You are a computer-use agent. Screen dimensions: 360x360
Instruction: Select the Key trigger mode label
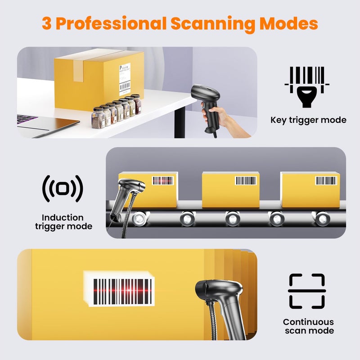pos(308,120)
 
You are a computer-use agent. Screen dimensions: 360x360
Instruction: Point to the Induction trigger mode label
pos(63,222)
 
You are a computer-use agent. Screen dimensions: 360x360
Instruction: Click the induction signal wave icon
pos(63,189)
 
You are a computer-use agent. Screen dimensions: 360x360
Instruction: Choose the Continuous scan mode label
pos(308,326)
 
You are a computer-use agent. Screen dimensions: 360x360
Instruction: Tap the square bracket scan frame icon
pos(306,291)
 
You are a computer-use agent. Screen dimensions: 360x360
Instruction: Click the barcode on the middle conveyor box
pos(246,180)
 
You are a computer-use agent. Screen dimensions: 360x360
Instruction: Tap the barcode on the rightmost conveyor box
pos(326,180)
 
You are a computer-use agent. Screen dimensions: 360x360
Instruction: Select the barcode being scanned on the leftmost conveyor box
pos(162,180)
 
